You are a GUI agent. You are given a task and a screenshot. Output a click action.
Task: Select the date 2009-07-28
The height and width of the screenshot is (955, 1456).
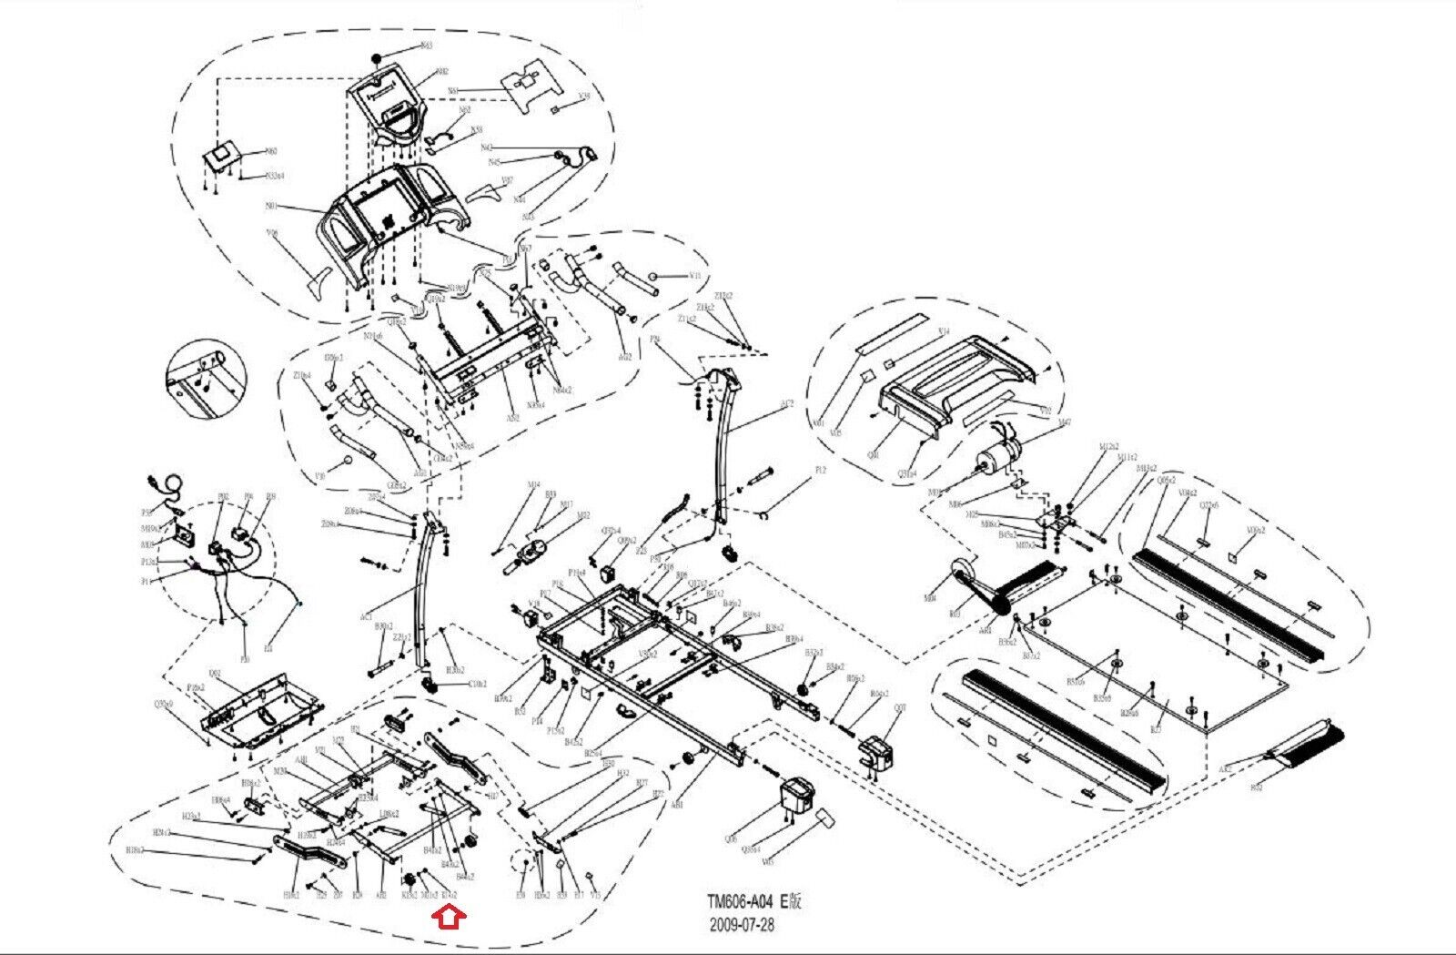pyautogui.click(x=742, y=925)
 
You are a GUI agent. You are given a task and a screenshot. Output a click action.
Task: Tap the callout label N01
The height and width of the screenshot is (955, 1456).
pyautogui.click(x=271, y=207)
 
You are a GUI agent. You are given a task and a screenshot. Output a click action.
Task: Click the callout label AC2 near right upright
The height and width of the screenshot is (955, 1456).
pyautogui.click(x=787, y=402)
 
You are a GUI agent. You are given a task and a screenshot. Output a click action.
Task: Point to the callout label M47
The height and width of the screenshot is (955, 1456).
pyautogui.click(x=1066, y=422)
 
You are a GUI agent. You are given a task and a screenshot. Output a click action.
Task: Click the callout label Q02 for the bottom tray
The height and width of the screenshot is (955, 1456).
pyautogui.click(x=215, y=674)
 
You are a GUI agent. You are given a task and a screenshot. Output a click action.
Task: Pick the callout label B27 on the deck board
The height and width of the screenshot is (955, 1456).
pyautogui.click(x=1157, y=729)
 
